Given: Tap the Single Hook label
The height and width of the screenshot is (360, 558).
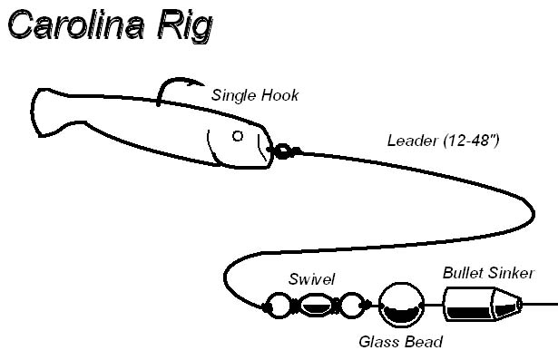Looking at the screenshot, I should coord(255,95).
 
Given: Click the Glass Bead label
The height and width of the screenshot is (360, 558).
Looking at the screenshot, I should coord(400,342).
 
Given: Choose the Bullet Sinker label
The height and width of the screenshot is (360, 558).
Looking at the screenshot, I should coord(489,272).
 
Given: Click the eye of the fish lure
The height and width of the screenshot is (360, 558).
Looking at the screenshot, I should coord(238,137).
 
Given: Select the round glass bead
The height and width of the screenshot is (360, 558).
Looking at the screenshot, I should coord(398,306).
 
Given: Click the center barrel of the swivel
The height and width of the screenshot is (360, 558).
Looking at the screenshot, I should coord(315,306).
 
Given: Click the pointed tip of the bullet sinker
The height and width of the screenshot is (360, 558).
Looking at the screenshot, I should coord(517,303).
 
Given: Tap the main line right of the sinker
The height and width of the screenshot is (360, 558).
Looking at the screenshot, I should coord(541,304).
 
